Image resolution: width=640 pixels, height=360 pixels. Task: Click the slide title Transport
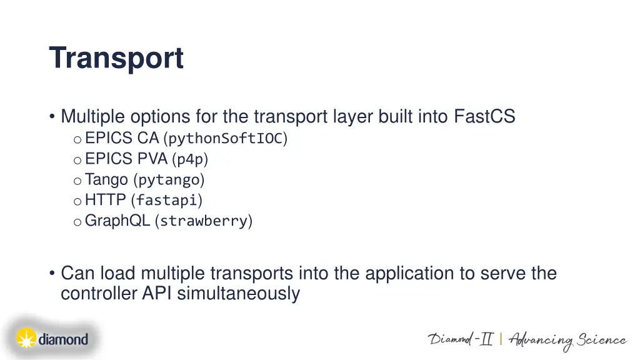pos(116,58)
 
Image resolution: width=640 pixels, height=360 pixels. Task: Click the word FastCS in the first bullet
pos(484,117)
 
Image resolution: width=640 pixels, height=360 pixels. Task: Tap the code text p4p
pos(190,159)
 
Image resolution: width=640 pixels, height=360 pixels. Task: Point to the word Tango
pos(106,180)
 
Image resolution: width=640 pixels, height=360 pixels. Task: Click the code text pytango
pos(169,181)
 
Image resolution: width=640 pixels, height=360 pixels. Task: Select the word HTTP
pos(106,200)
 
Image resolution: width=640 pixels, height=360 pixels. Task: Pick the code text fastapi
pos(167,201)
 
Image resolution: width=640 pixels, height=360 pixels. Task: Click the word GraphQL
pos(117,221)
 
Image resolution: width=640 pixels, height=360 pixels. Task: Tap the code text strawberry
pos(204,221)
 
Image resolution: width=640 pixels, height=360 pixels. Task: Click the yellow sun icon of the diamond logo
pos(26,339)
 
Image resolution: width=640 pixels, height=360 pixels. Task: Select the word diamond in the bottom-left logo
pos(63,340)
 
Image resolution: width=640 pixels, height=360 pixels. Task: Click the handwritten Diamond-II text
pos(461,339)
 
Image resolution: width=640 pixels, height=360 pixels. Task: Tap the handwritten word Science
pos(601,340)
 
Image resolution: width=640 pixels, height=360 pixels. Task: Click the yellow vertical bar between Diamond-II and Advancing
pos(501,339)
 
